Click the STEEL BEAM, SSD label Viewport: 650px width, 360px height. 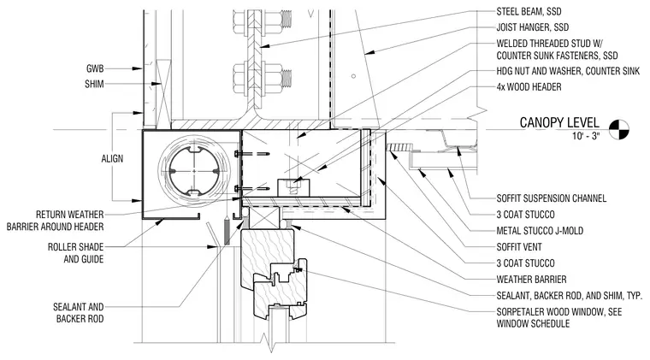[x=529, y=12]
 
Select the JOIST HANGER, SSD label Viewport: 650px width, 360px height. [x=533, y=27]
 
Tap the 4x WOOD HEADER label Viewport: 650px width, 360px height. [x=529, y=87]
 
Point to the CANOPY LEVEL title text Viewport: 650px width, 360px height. [x=559, y=122]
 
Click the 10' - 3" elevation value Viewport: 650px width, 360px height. [x=586, y=136]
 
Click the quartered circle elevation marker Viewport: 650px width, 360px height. [x=619, y=129]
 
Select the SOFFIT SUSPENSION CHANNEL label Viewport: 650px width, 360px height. [x=552, y=198]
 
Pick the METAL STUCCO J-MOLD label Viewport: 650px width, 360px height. [x=540, y=231]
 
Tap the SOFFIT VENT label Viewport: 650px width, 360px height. [x=519, y=247]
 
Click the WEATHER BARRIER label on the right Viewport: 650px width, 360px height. [x=531, y=280]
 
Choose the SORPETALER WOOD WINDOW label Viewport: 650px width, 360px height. [x=559, y=318]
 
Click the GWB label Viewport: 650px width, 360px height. [x=95, y=68]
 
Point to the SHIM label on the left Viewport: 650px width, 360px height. [x=94, y=84]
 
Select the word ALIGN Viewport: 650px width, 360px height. [x=112, y=159]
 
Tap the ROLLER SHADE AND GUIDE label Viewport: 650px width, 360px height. [x=75, y=253]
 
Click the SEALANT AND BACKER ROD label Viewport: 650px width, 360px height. [x=79, y=313]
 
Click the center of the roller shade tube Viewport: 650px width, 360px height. [x=194, y=171]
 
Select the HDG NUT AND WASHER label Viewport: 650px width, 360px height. [x=568, y=71]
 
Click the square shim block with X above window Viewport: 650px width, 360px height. [x=264, y=218]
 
